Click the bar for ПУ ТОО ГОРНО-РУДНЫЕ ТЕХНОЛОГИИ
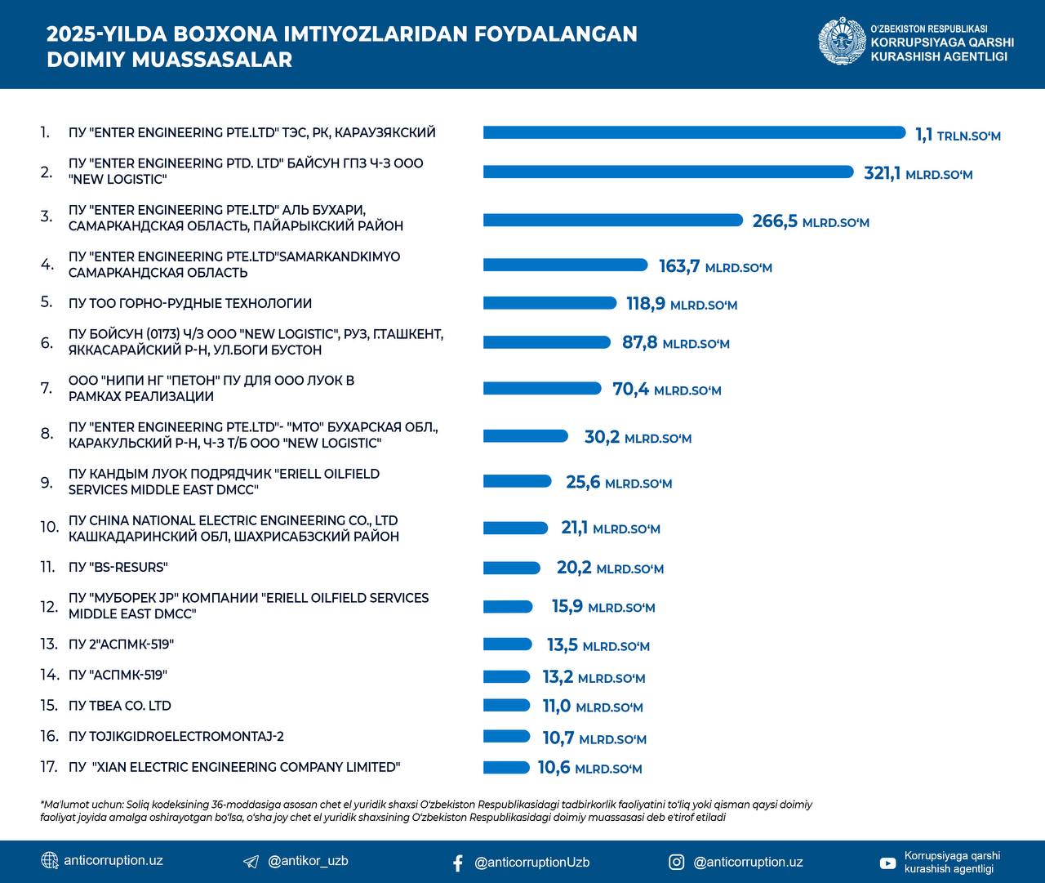[549, 303]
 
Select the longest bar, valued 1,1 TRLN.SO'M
[694, 132]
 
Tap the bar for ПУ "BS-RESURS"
[511, 568]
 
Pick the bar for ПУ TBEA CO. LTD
[507, 706]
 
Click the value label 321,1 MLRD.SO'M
[918, 173]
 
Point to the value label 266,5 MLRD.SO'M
[810, 221]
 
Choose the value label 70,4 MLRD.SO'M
[666, 390]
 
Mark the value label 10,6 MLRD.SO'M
[589, 768]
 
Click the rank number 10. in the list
[49, 528]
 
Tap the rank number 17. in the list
[49, 767]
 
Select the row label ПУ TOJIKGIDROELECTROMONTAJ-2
[176, 737]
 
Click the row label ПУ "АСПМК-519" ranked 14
[118, 676]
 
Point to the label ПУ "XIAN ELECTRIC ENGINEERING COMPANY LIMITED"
[234, 767]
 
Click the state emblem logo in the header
[842, 42]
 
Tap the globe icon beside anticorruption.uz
[50, 861]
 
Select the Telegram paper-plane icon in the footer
[251, 862]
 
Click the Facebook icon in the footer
[457, 863]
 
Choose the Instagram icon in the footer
[677, 862]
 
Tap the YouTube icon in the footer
[887, 863]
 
